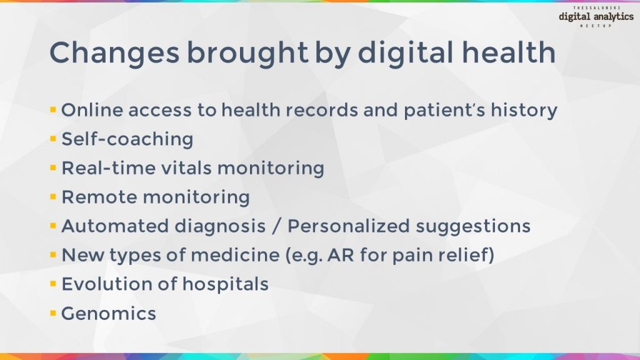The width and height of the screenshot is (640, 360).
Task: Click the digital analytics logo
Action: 596,17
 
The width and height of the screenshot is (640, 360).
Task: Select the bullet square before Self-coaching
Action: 53,138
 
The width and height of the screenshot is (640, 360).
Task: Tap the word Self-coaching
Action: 127,139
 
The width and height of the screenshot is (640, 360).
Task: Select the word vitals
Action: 187,168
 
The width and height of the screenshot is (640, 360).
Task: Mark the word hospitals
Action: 226,284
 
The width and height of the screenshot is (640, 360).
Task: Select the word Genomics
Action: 109,313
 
